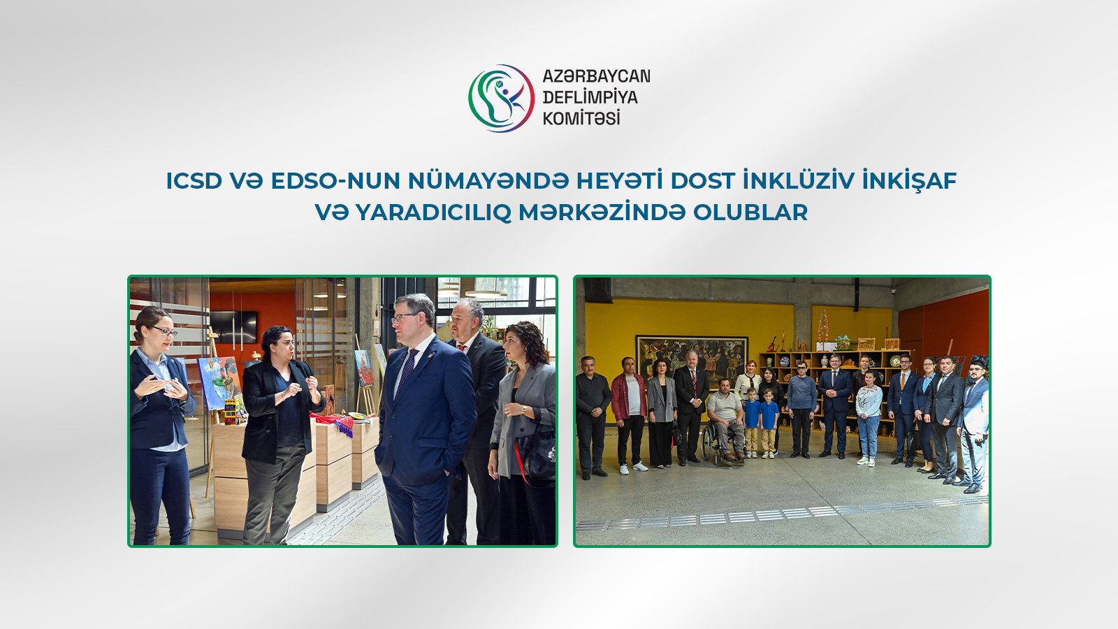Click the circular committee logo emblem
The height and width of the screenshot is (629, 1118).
click(x=501, y=99)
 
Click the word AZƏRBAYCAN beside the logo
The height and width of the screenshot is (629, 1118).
click(x=596, y=76)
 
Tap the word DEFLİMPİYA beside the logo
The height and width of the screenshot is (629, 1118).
click(x=590, y=97)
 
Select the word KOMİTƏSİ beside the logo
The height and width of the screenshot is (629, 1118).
click(x=581, y=118)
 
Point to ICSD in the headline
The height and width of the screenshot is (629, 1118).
click(x=194, y=181)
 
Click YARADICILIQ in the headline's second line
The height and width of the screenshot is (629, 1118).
click(x=433, y=212)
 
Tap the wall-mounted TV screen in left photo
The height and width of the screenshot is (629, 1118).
click(x=233, y=326)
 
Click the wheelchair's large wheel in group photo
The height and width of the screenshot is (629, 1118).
click(x=709, y=445)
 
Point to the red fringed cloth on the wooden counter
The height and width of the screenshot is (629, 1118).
click(x=336, y=422)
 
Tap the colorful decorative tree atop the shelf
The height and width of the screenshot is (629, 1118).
click(x=823, y=325)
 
